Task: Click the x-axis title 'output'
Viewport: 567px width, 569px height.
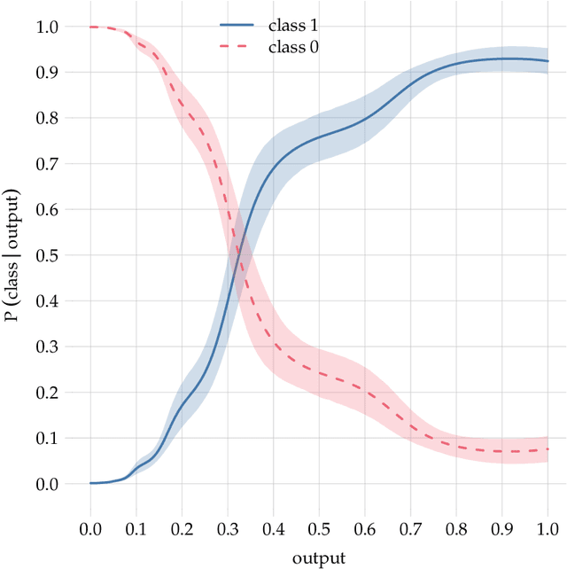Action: [319, 557]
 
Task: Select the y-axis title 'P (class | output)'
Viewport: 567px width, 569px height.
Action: [12, 256]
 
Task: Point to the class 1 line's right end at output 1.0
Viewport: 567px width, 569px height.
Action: [548, 61]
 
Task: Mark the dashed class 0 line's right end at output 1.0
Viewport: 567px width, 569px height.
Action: [548, 449]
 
